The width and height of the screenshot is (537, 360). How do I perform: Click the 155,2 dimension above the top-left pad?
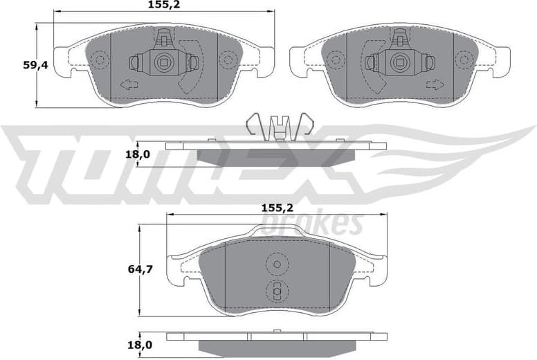click(x=164, y=5)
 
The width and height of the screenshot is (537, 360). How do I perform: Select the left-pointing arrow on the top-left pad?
click(x=129, y=86)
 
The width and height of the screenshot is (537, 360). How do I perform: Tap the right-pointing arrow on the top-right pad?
click(x=435, y=85)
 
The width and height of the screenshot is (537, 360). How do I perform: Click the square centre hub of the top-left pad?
click(x=164, y=62)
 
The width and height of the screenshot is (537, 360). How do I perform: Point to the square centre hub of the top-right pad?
click(x=400, y=62)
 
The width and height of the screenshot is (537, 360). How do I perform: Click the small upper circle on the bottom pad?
click(x=277, y=264)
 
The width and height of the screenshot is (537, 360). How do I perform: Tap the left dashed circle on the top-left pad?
click(x=100, y=61)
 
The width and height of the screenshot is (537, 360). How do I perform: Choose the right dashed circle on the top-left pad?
click(x=228, y=61)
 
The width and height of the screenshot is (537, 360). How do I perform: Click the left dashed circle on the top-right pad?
click(x=336, y=61)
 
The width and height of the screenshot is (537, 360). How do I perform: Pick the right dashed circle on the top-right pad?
click(x=464, y=61)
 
